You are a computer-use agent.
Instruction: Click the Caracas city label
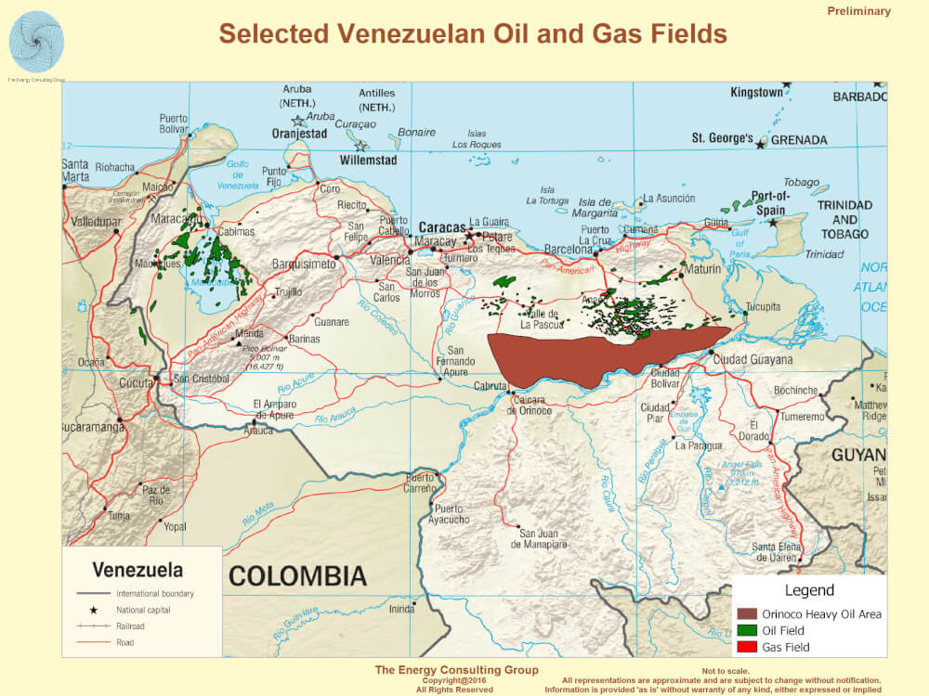pyautogui.click(x=440, y=227)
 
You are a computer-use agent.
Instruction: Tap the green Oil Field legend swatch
pyautogui.click(x=747, y=631)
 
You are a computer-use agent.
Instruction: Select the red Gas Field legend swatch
pyautogui.click(x=747, y=648)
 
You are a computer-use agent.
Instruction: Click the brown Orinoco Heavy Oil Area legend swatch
pyautogui.click(x=747, y=614)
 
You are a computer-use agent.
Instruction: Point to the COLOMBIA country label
pyautogui.click(x=297, y=576)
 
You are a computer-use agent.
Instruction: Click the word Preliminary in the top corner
pyautogui.click(x=858, y=12)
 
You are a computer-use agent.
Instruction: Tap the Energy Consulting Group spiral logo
pyautogui.click(x=36, y=41)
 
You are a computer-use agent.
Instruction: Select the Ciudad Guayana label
pyautogui.click(x=754, y=359)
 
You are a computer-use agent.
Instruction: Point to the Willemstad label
pyautogui.click(x=368, y=161)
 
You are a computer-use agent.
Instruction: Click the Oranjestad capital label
pyautogui.click(x=299, y=134)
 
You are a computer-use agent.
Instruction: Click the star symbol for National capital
pyautogui.click(x=94, y=611)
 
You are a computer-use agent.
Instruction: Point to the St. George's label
pyautogui.click(x=722, y=138)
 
